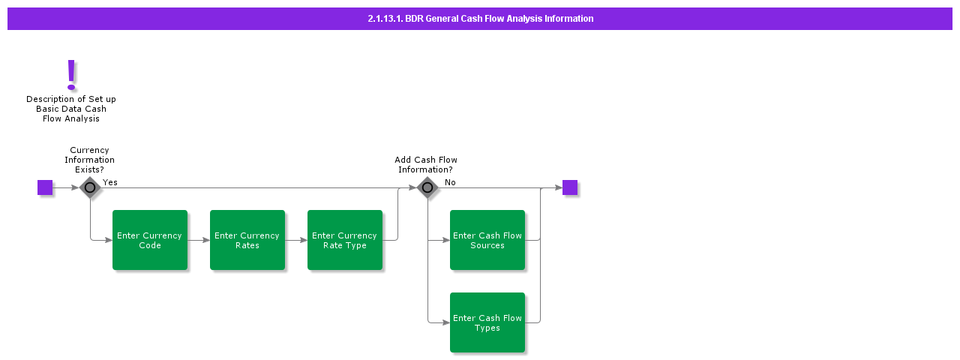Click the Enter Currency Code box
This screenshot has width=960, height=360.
point(150,240)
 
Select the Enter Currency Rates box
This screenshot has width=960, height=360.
point(247,240)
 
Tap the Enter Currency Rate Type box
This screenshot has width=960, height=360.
point(345,240)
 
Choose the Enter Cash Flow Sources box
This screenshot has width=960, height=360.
point(487,240)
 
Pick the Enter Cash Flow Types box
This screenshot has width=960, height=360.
point(487,322)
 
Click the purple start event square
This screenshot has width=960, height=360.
point(45,187)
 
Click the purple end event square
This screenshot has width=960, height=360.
point(570,187)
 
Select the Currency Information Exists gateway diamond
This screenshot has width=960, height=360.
point(90,187)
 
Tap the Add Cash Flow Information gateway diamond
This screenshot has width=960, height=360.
point(427,187)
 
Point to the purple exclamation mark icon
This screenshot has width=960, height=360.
point(71,75)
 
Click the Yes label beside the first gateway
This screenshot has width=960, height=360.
point(110,182)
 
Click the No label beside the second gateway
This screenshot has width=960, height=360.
point(450,182)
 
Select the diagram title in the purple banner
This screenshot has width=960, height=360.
point(480,19)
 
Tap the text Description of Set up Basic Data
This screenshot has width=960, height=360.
point(71,109)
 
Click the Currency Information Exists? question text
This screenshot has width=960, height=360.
point(89,160)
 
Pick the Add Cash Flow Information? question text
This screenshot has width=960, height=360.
point(426,164)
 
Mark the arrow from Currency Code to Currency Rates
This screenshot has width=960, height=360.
point(199,240)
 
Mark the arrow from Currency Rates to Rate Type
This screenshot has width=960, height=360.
point(296,240)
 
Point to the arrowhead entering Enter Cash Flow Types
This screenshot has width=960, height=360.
point(445,322)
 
